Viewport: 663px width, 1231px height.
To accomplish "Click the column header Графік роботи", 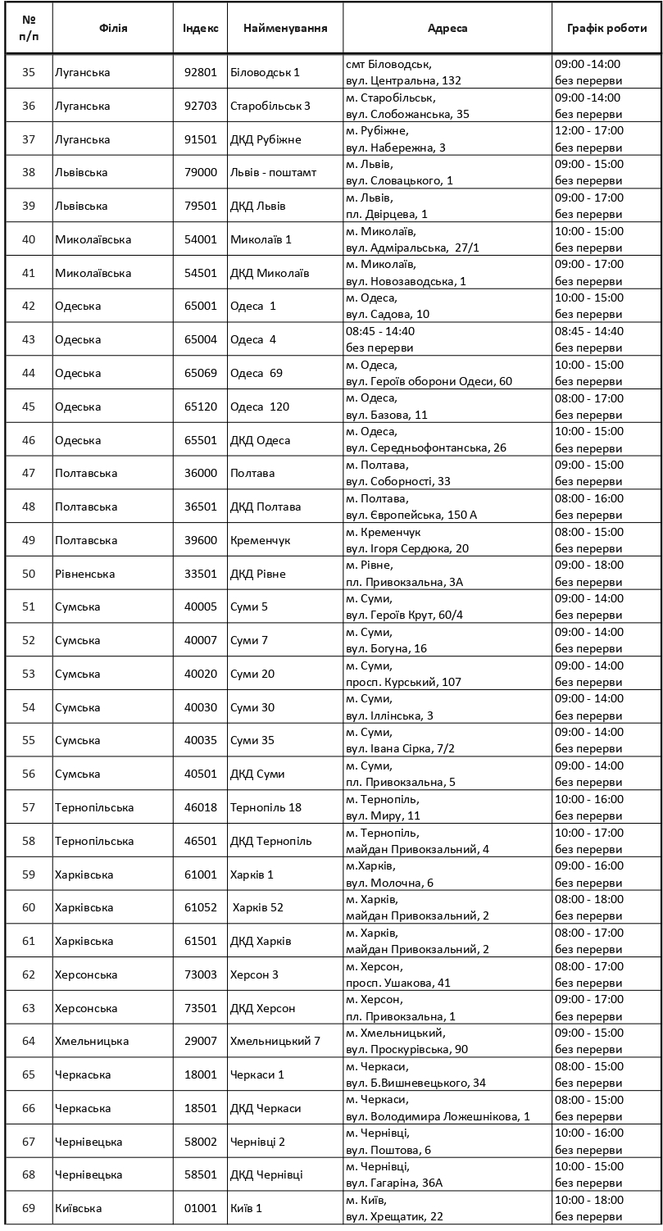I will click(606, 28).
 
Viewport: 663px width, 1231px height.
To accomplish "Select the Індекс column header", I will click(201, 28).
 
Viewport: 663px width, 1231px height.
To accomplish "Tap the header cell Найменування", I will click(285, 28).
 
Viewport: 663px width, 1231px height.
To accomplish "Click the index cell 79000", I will click(201, 172).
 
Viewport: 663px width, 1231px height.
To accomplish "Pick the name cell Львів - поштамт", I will click(273, 172).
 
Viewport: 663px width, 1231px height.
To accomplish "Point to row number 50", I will click(29, 574).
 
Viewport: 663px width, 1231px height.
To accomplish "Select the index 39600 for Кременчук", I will click(201, 540).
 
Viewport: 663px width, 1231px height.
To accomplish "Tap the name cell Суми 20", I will click(252, 674).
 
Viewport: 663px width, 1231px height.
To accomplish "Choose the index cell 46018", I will click(201, 807).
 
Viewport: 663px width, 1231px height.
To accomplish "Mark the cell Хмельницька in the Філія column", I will click(92, 1041).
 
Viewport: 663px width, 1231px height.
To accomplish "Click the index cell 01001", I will click(201, 1208).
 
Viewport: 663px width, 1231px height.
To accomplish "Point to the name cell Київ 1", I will click(247, 1208).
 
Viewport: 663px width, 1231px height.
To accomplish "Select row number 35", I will click(29, 72).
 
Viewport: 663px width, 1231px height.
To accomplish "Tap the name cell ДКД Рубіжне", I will click(266, 139).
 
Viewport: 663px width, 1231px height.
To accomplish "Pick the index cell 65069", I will click(201, 373).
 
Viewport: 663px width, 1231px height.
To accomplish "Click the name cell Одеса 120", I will click(259, 407).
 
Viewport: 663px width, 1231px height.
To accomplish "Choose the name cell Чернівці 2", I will click(257, 1142).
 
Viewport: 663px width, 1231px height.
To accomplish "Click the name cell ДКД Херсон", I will click(262, 1008).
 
